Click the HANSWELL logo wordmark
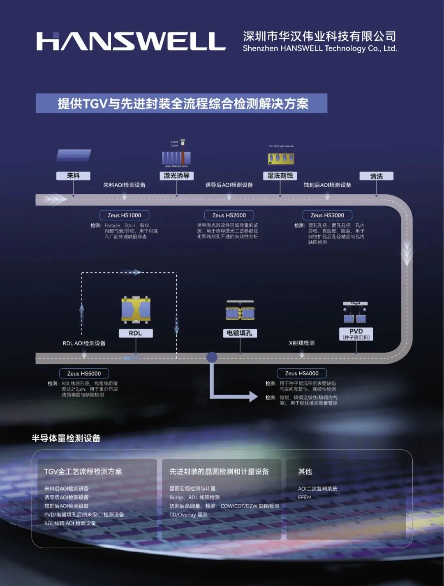click(131, 41)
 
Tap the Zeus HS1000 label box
click(124, 215)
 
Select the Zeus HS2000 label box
click(229, 215)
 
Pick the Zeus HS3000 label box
click(327, 215)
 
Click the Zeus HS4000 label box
click(302, 373)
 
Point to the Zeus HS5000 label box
click(84, 373)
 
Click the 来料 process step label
click(73, 176)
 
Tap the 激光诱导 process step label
click(176, 176)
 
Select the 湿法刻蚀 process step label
click(280, 176)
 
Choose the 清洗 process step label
click(376, 176)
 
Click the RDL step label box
click(135, 333)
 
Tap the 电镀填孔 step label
click(240, 333)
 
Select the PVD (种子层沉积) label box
click(356, 334)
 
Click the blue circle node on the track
click(212, 357)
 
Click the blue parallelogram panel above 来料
click(74, 155)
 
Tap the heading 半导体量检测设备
click(66, 438)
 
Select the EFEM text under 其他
click(305, 497)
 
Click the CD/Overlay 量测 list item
click(188, 515)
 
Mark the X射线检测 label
click(302, 343)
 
